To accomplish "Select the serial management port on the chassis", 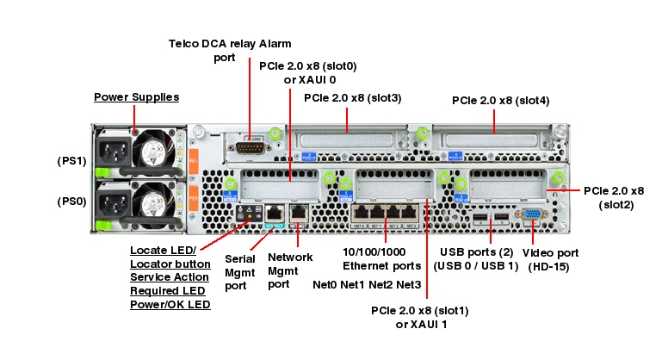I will click(273, 211).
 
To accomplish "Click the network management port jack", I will click(298, 211).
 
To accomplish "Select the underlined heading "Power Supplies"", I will click(136, 96).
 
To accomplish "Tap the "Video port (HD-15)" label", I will click(551, 260).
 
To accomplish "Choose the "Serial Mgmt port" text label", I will click(242, 270).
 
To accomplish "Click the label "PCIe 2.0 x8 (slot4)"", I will click(500, 101).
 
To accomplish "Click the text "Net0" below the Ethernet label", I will click(325, 285).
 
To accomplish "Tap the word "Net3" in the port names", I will click(408, 285).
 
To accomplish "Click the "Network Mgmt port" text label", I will click(290, 270).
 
